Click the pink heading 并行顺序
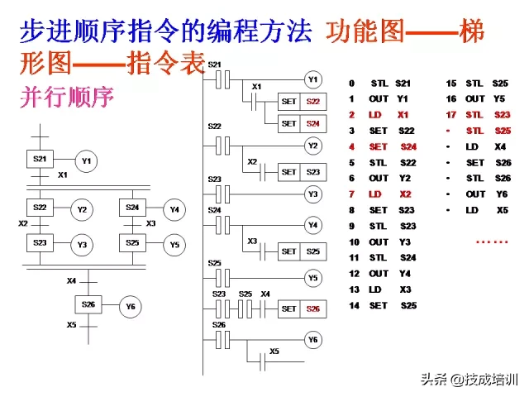pyautogui.click(x=65, y=98)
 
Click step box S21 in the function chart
pyautogui.click(x=39, y=159)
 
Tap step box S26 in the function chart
pyautogui.click(x=88, y=304)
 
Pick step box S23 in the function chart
pyautogui.click(x=39, y=243)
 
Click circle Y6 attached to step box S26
pyautogui.click(x=130, y=307)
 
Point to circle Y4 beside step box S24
pyautogui.click(x=174, y=209)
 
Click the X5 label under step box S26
pyautogui.click(x=72, y=324)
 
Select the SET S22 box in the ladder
pyautogui.click(x=300, y=101)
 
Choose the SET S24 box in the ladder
pyautogui.click(x=300, y=123)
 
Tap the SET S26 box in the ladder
pyautogui.click(x=300, y=309)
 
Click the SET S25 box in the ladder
pyautogui.click(x=300, y=251)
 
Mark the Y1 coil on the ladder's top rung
pyautogui.click(x=312, y=79)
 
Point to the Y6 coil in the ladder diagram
pyautogui.click(x=312, y=339)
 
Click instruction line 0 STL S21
pyautogui.click(x=380, y=84)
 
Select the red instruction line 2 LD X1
pyautogui.click(x=379, y=115)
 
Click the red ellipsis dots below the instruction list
pyautogui.click(x=493, y=241)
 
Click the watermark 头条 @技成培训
pyautogui.click(x=469, y=380)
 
